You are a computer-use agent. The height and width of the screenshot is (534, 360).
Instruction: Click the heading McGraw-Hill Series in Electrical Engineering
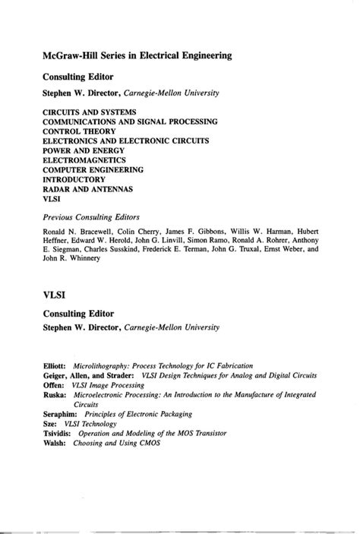pos(137,55)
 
